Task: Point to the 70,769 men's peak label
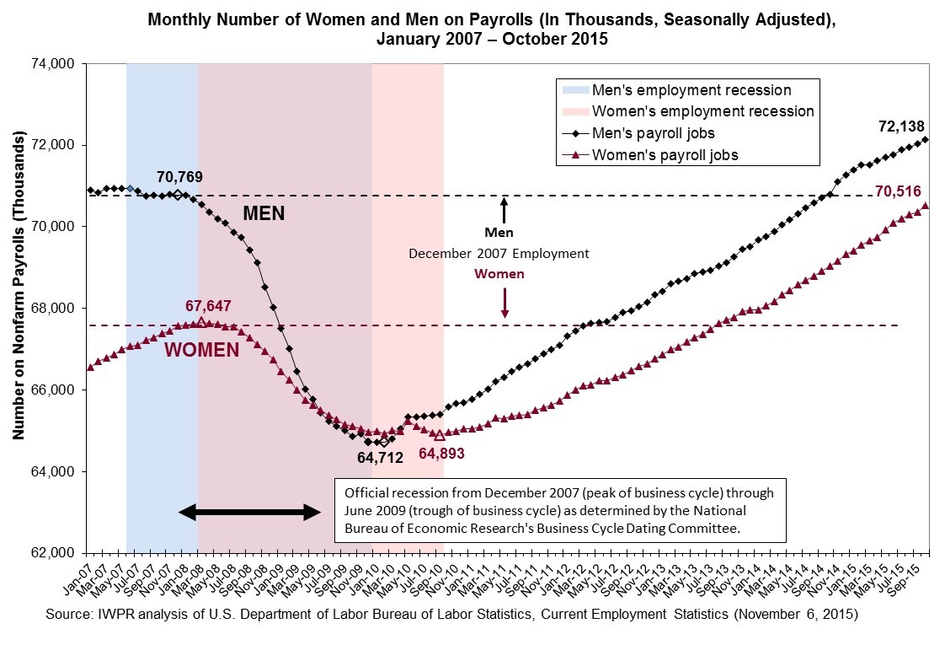179,177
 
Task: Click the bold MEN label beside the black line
264,214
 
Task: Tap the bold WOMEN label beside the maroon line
201,350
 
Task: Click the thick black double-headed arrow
250,512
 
